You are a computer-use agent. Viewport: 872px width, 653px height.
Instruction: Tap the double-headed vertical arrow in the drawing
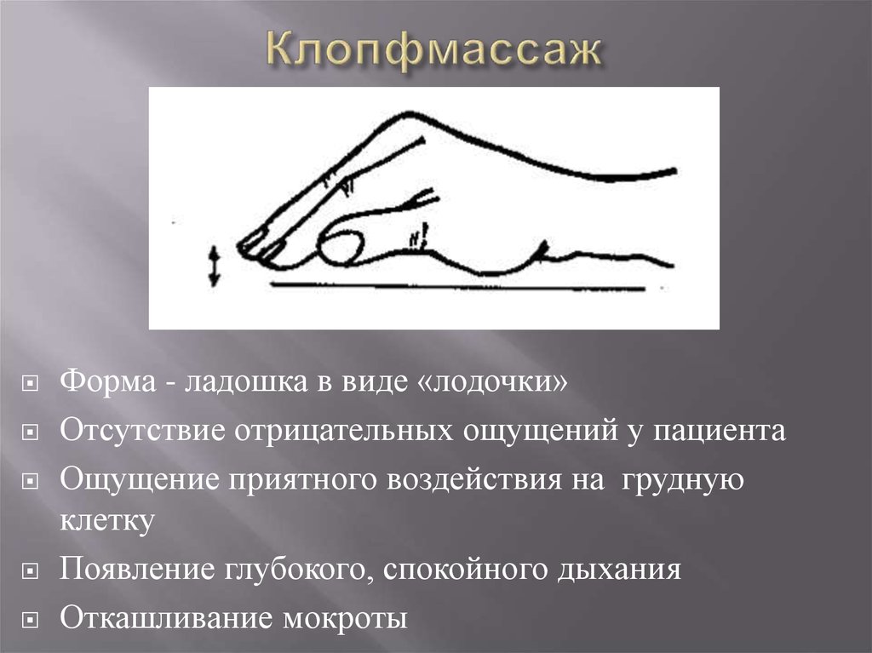pos(215,266)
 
